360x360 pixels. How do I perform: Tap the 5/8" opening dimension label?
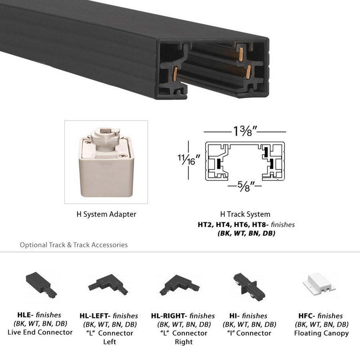click(245, 186)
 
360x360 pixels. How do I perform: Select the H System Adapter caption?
click(106, 214)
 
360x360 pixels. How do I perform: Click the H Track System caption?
click(245, 214)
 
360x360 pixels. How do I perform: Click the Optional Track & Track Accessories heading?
click(74, 245)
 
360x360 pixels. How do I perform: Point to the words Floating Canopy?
click(321, 333)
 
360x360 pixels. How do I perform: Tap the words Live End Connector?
click(40, 332)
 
